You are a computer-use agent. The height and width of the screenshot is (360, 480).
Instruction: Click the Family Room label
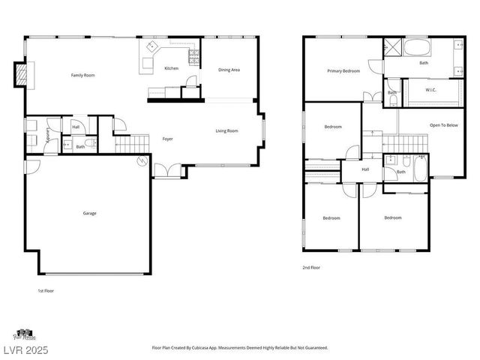(x=82, y=75)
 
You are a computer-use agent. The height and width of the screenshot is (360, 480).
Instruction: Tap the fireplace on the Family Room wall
(x=21, y=74)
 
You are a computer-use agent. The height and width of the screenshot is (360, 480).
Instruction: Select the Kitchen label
(x=171, y=68)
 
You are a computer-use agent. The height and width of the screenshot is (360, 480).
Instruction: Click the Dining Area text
(x=229, y=70)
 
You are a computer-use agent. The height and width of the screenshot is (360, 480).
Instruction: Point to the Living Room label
(x=226, y=131)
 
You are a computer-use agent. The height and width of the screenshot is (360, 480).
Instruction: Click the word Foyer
(x=168, y=139)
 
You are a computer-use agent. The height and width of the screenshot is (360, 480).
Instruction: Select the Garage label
(x=89, y=213)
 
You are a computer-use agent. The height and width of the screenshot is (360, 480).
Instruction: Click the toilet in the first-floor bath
(x=89, y=142)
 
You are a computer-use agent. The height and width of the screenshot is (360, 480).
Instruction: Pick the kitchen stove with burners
(x=193, y=57)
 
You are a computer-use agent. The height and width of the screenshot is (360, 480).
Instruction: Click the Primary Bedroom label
(x=343, y=71)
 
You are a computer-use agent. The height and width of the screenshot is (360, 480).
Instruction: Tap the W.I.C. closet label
(x=430, y=91)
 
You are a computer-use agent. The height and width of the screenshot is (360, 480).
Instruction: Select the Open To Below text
(x=443, y=125)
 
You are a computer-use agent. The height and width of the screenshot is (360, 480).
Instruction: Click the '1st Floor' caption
(x=46, y=290)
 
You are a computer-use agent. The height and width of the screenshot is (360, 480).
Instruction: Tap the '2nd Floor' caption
(x=311, y=267)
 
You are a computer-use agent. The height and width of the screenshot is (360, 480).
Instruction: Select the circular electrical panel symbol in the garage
(x=142, y=160)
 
